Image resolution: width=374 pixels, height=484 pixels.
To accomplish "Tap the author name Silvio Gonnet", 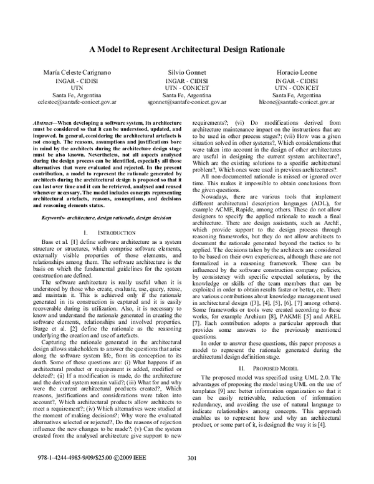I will [187, 73].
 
